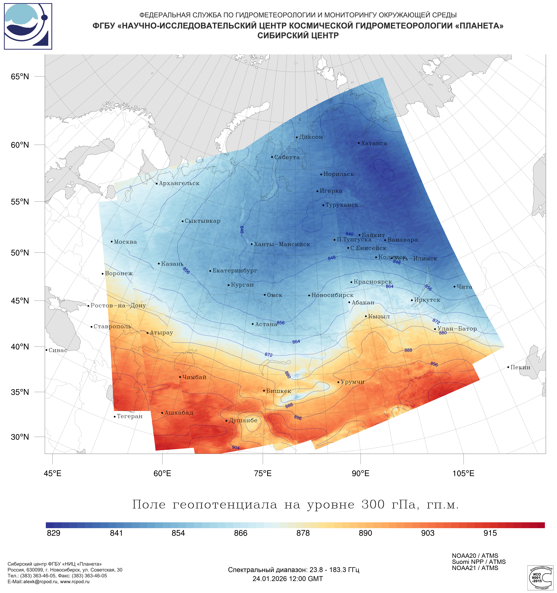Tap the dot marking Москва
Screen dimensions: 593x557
112,242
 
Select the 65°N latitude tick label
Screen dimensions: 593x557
20,77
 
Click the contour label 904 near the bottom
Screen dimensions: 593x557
236,447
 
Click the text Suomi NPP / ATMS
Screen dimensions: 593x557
479,562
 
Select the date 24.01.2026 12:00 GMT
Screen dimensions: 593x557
288,579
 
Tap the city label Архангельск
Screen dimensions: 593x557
179,183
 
